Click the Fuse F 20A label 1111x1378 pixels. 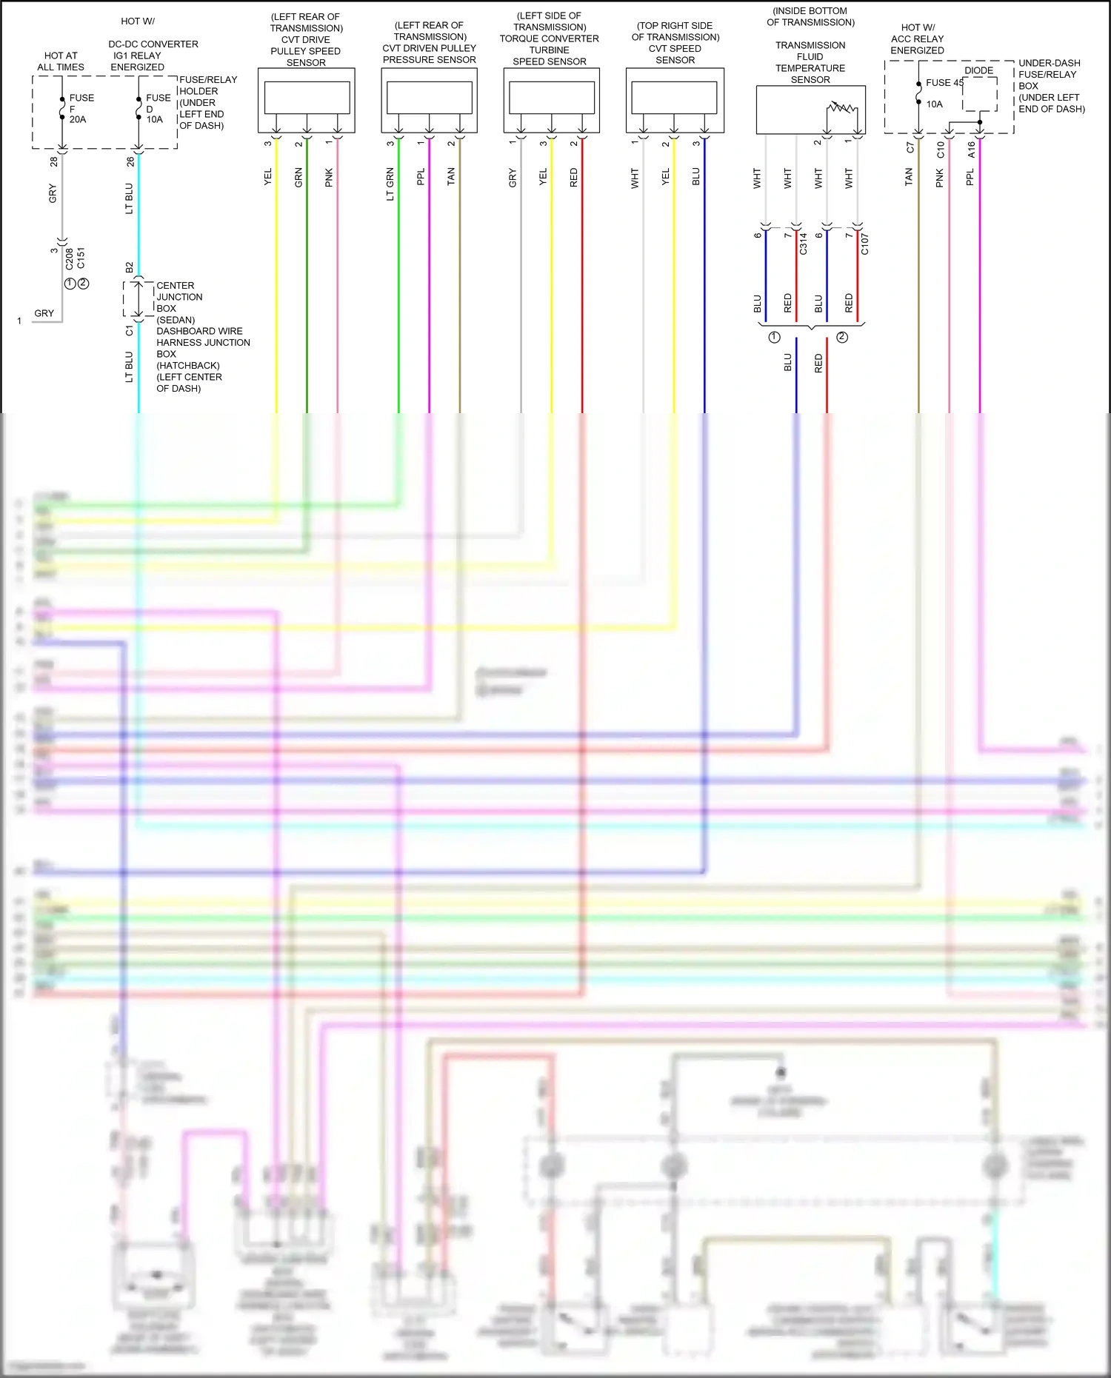[x=80, y=108]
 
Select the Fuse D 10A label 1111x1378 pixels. [x=157, y=108]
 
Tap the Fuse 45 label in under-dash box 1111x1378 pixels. [x=944, y=83]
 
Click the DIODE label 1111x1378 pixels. [x=978, y=70]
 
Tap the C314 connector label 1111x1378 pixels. [x=803, y=244]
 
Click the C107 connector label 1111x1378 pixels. [x=864, y=244]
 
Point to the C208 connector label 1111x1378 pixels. [x=69, y=258]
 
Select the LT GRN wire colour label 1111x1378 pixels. [x=390, y=184]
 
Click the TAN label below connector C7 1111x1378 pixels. [x=909, y=176]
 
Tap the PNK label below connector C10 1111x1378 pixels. [x=940, y=178]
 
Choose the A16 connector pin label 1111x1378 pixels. [x=971, y=150]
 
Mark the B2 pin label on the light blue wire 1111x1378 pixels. [x=130, y=267]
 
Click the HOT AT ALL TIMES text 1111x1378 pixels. [x=61, y=61]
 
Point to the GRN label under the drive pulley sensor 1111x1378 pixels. [x=298, y=177]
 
